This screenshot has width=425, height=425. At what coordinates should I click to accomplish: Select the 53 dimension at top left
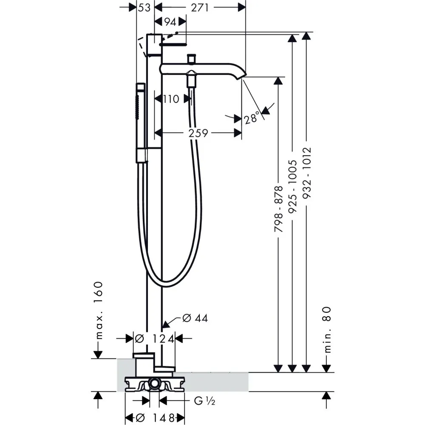tap(144, 8)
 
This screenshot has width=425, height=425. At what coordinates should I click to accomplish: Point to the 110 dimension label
tap(171, 99)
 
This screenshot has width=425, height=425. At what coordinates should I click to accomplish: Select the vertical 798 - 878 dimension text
tap(278, 209)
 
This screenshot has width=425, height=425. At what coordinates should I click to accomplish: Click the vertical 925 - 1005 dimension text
tap(292, 190)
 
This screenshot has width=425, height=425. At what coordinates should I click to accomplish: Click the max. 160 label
tap(99, 310)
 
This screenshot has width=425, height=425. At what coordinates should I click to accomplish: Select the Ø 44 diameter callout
tap(195, 318)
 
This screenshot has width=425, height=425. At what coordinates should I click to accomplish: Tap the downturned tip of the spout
tap(242, 76)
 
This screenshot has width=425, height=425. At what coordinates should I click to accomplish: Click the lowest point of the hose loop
tap(168, 281)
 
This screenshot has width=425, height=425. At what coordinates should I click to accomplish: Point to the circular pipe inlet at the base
tap(155, 385)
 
